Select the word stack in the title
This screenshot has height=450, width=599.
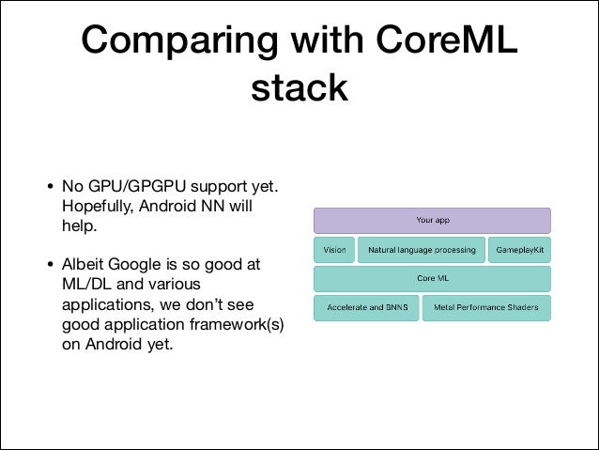tap(299, 89)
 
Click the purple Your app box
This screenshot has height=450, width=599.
tap(431, 221)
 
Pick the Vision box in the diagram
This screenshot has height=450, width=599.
tap(334, 251)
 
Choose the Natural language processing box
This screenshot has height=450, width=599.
tap(421, 251)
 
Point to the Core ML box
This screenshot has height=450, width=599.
tap(431, 279)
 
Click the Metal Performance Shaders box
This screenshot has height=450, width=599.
tap(485, 308)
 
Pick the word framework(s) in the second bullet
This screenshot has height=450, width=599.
tap(236, 325)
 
